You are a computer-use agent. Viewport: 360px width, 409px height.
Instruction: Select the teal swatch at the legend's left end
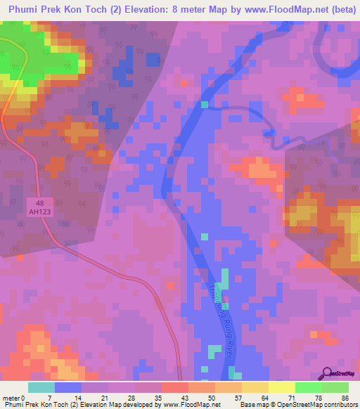[x=41, y=387]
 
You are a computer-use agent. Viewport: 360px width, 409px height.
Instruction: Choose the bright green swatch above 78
[x=308, y=387]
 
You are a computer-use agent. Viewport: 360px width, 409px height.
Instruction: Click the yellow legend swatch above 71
[x=281, y=387]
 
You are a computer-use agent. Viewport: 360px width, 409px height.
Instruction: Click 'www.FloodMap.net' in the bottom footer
[x=191, y=405]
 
